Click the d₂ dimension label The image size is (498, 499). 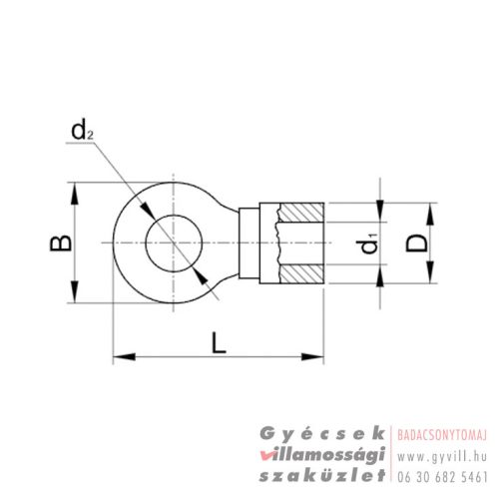pos(81,130)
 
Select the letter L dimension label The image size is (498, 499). pos(220,342)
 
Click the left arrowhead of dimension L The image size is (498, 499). pos(119,355)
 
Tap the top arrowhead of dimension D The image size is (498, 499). pos(431,211)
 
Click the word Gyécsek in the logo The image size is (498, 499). pos(322,432)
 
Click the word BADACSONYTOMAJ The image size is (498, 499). pos(442,433)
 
